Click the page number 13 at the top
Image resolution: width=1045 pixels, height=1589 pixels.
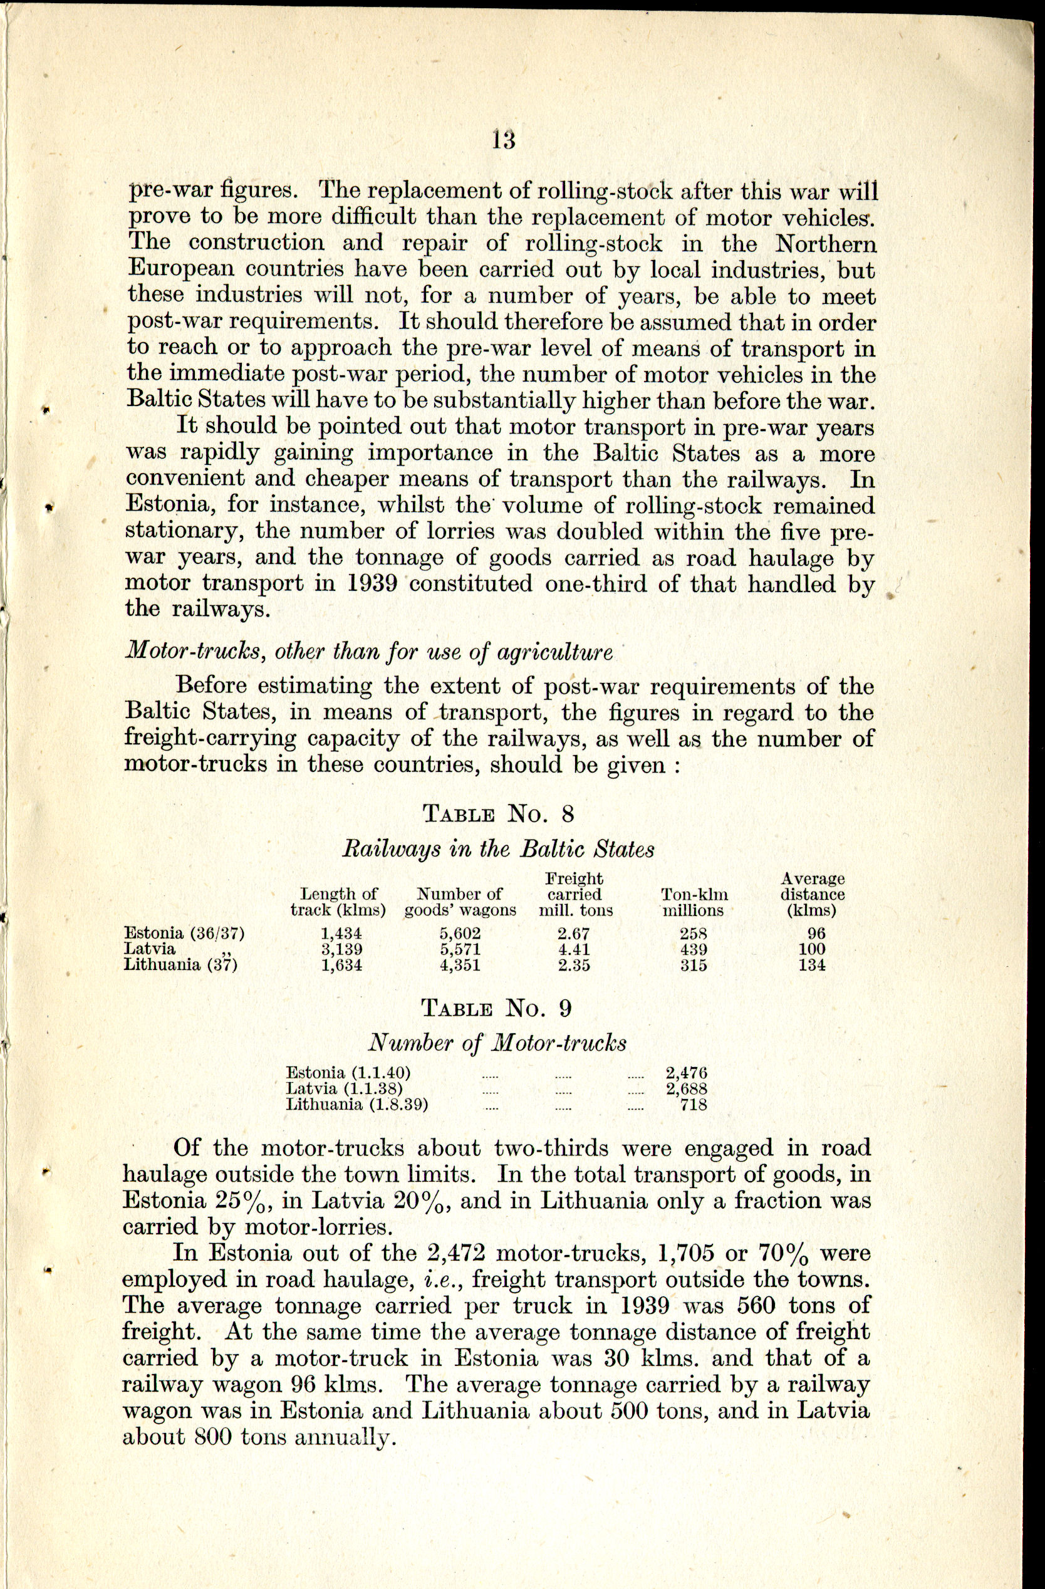504,140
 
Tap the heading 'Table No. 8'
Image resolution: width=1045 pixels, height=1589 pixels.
498,814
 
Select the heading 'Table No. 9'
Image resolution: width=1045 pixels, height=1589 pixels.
497,1008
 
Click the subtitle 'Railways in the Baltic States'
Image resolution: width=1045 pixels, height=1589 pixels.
497,849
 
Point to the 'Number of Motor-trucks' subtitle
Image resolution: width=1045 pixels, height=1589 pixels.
497,1043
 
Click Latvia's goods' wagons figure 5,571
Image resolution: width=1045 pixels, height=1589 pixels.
460,949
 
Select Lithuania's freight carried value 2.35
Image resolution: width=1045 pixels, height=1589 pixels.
574,965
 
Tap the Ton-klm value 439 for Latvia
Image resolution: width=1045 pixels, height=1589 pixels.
693,949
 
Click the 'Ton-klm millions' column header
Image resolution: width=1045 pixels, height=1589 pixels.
693,902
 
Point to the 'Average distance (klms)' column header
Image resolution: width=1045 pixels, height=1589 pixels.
812,895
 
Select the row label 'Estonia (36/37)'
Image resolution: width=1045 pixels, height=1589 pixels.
180,934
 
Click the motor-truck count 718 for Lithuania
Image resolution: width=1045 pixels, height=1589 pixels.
693,1103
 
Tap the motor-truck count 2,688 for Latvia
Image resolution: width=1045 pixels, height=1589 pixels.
687,1088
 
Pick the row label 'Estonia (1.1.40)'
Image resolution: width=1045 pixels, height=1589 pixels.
348,1073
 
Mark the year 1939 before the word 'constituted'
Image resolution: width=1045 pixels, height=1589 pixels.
373,583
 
